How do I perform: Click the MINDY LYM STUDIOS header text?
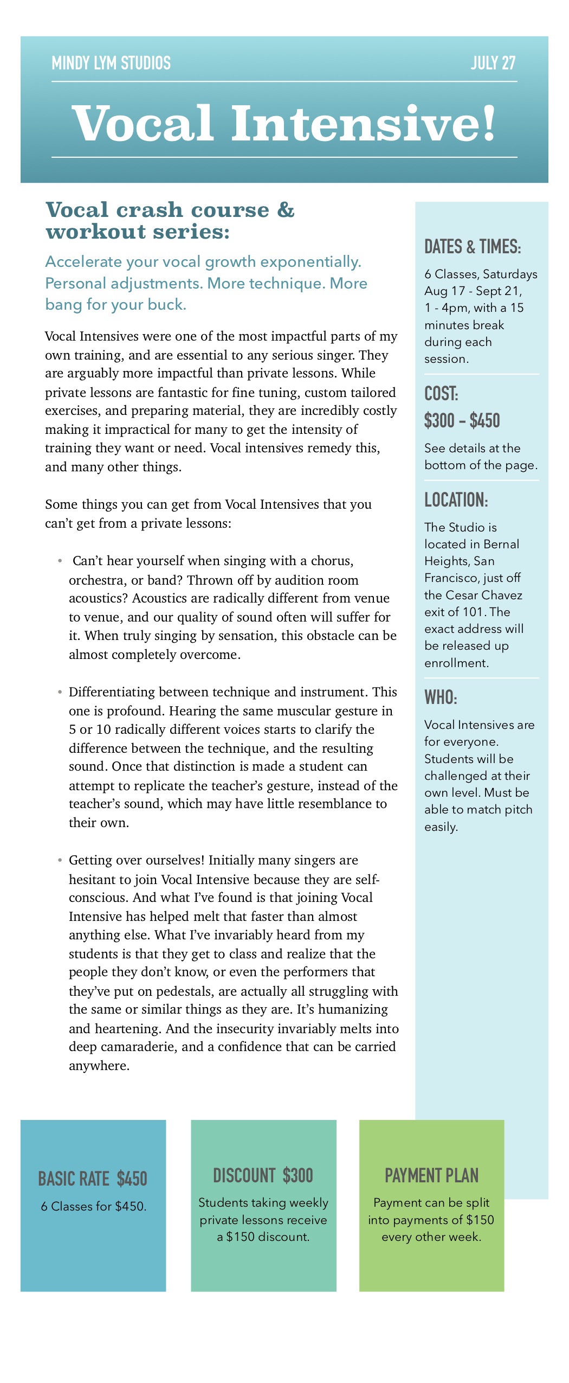111,63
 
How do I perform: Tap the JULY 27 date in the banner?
493,63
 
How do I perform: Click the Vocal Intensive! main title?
284,124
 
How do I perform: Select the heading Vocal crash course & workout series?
170,221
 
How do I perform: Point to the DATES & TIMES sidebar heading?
473,247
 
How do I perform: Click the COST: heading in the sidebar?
441,394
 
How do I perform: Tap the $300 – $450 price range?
462,421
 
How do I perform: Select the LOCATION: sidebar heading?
456,500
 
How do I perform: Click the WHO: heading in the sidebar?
441,697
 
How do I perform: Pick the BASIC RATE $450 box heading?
93,1179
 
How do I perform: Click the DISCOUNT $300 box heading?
263,1176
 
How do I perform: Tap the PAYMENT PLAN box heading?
431,1176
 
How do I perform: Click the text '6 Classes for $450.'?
94,1207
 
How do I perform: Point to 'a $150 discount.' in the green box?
263,1237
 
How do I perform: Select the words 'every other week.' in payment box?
431,1237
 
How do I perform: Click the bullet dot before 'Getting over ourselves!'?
60,860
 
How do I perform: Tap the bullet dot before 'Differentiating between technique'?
60,692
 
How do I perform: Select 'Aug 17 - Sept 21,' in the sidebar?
473,291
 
